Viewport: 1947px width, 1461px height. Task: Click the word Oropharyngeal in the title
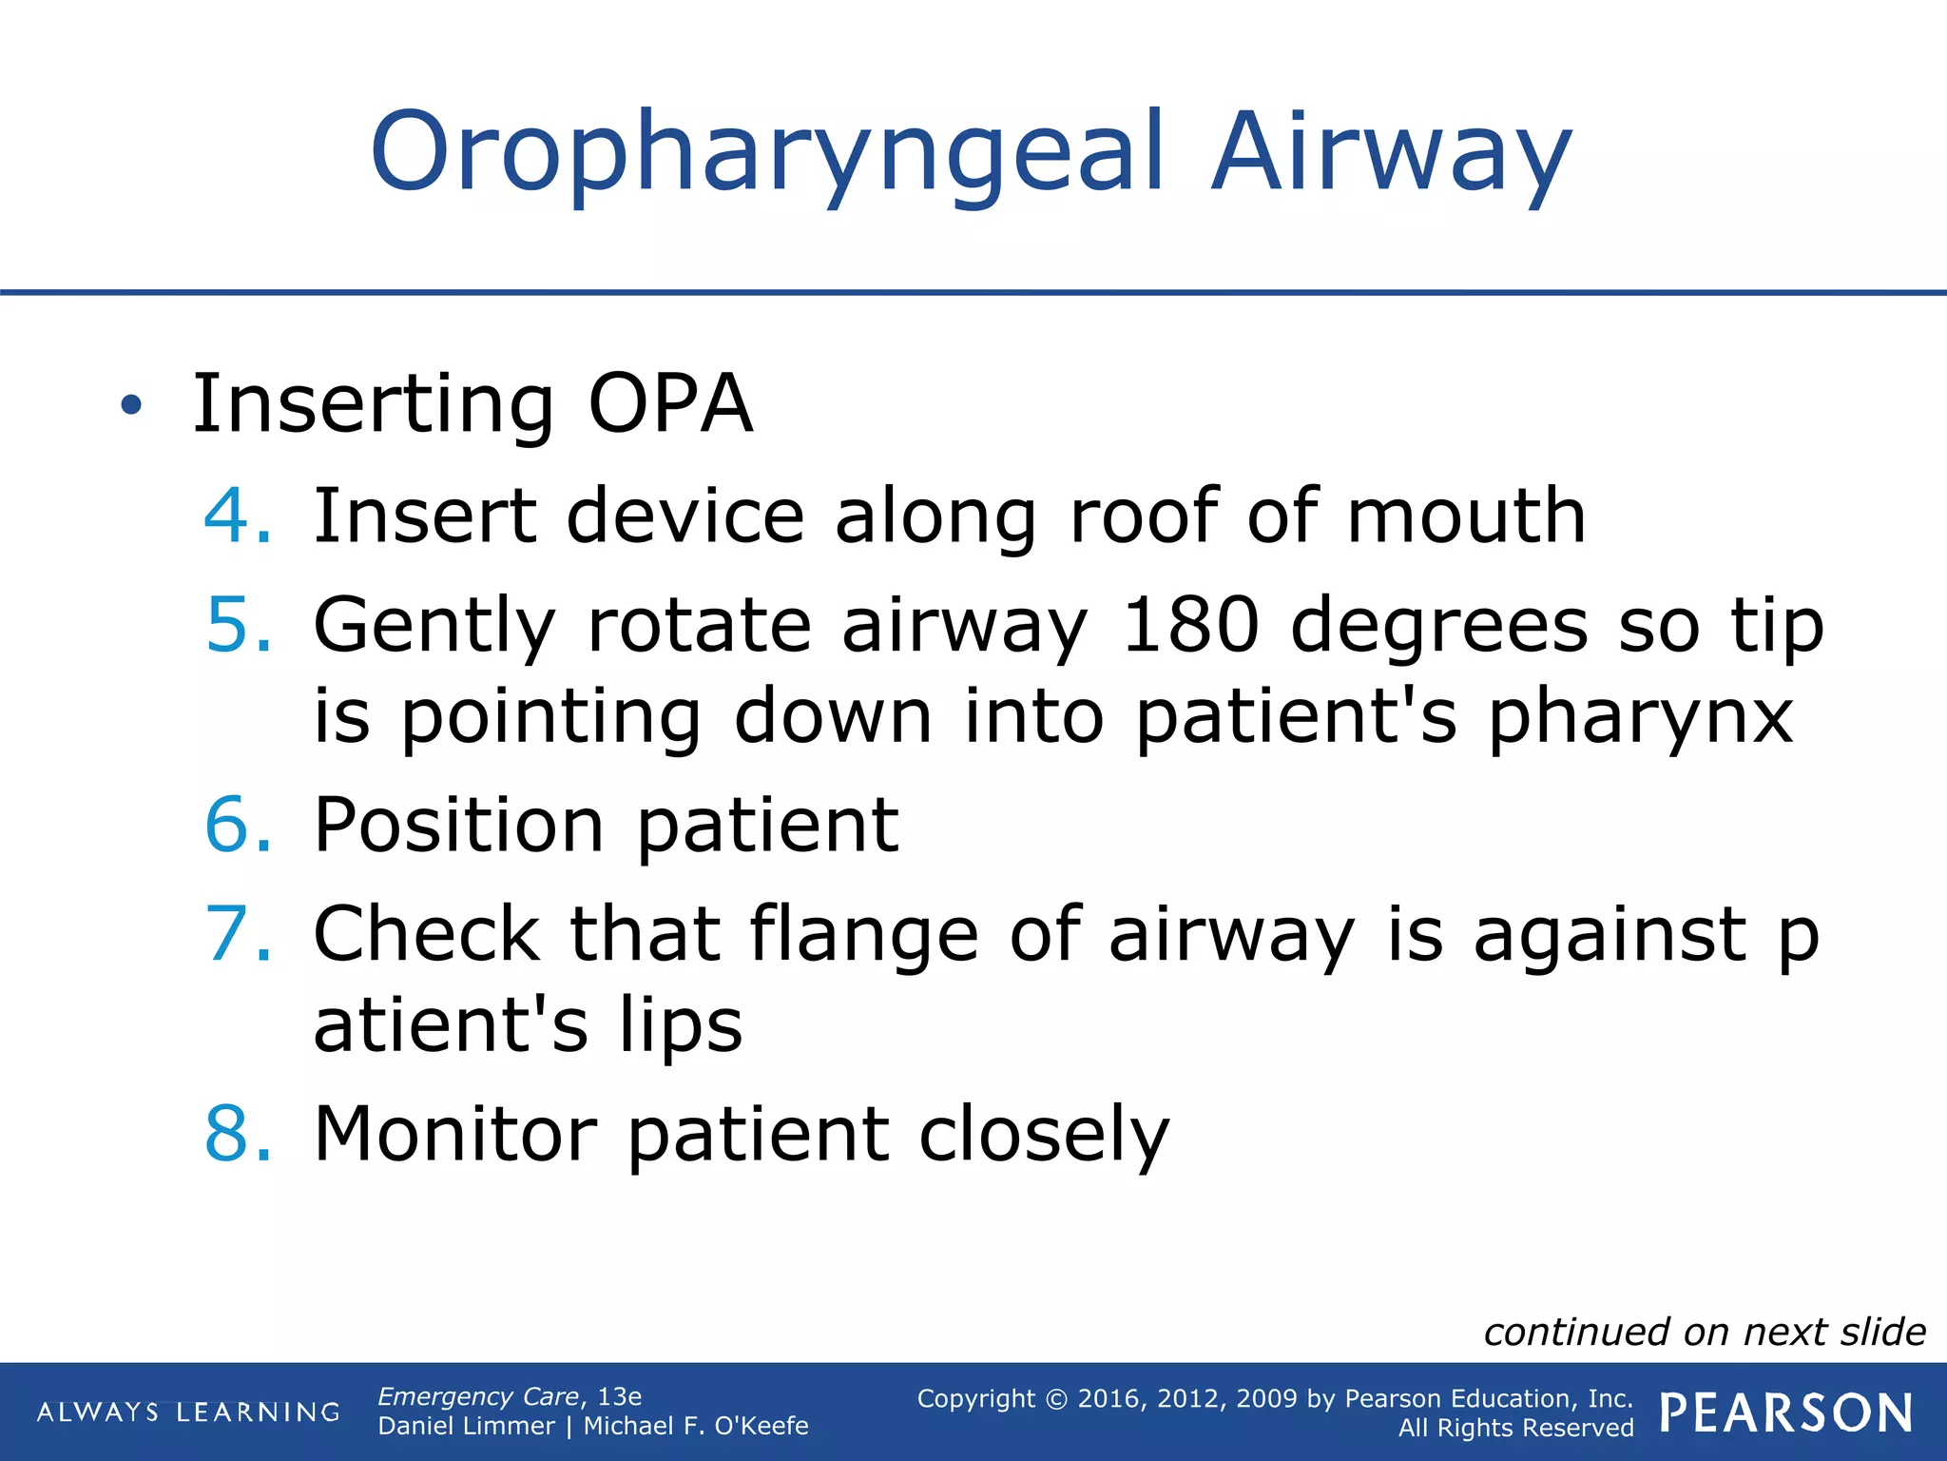pyautogui.click(x=766, y=152)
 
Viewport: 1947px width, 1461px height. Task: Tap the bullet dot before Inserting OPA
pyautogui.click(x=131, y=406)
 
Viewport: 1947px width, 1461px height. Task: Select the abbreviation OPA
pyautogui.click(x=670, y=404)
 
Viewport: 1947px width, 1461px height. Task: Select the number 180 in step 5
pyautogui.click(x=1190, y=625)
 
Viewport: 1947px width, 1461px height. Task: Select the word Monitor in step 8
pyautogui.click(x=456, y=1134)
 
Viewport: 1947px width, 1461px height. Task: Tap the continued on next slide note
pyautogui.click(x=1705, y=1332)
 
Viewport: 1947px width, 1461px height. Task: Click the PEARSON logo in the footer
pyautogui.click(x=1785, y=1412)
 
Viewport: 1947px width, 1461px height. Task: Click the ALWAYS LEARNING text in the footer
pyautogui.click(x=188, y=1412)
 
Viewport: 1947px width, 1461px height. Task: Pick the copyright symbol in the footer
pyautogui.click(x=1056, y=1399)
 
